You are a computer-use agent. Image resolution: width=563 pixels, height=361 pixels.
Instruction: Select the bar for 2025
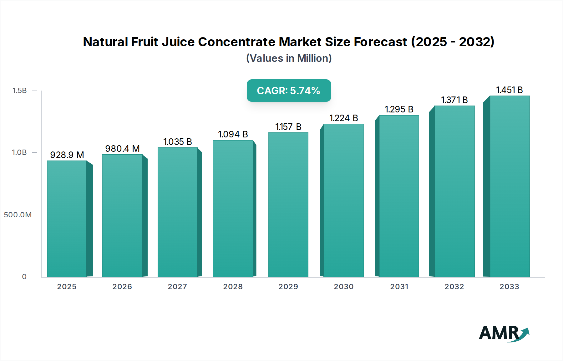pyautogui.click(x=67, y=219)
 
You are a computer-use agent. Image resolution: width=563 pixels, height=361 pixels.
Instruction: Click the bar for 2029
pyautogui.click(x=288, y=205)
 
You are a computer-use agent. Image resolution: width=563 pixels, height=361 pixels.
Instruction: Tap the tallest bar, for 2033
pyautogui.click(x=510, y=186)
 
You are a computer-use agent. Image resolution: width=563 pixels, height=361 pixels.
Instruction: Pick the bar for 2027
pyautogui.click(x=177, y=212)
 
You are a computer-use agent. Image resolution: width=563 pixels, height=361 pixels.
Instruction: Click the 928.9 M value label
pyautogui.click(x=67, y=155)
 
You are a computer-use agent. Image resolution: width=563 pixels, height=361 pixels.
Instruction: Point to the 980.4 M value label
pyautogui.click(x=122, y=149)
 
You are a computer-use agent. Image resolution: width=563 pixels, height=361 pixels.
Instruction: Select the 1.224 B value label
pyautogui.click(x=344, y=118)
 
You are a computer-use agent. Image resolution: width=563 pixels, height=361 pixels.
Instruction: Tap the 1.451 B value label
pyautogui.click(x=510, y=90)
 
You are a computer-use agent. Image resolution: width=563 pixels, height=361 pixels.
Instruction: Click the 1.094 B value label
pyautogui.click(x=233, y=134)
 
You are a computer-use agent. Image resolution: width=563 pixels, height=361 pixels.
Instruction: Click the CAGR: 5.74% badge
pyautogui.click(x=289, y=91)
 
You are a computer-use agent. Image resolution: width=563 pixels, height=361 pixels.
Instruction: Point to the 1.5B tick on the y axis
pyautogui.click(x=20, y=91)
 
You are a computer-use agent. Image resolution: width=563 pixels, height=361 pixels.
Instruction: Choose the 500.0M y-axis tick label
pyautogui.click(x=18, y=215)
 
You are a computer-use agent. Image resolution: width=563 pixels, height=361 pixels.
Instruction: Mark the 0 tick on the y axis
pyautogui.click(x=24, y=277)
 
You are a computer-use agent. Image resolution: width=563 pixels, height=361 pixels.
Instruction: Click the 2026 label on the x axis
pyautogui.click(x=122, y=287)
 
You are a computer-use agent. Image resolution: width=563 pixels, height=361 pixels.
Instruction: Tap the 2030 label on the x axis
pyautogui.click(x=344, y=287)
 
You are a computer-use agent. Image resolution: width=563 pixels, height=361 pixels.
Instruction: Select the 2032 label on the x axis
pyautogui.click(x=454, y=287)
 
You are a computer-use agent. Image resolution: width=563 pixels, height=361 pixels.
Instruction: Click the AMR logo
pyautogui.click(x=504, y=333)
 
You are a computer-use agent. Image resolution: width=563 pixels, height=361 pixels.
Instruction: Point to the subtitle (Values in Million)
pyautogui.click(x=289, y=58)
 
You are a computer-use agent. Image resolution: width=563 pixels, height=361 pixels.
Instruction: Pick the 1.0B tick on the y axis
pyautogui.click(x=19, y=152)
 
